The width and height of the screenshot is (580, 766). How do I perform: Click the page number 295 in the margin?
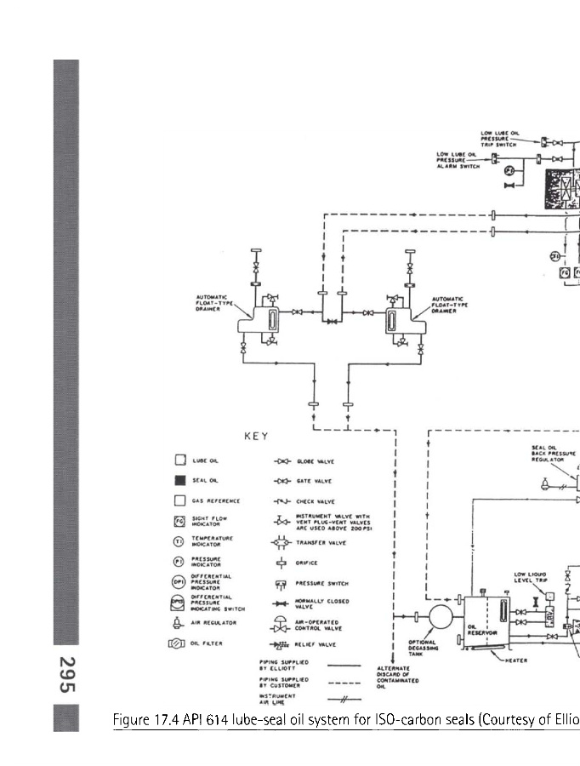66,675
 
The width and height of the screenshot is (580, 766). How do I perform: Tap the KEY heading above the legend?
256,437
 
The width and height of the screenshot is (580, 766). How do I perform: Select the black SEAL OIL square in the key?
180,481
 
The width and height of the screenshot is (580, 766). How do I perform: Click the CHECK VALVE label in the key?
315,502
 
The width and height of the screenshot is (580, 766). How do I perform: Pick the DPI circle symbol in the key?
179,580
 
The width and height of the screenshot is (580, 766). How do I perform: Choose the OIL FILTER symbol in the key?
178,643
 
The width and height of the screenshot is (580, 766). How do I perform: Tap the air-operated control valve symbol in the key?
280,625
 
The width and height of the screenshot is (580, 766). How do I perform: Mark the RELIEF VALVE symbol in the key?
280,645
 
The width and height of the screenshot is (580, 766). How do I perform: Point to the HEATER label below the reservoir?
515,660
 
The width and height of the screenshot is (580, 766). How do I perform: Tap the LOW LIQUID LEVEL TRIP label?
530,578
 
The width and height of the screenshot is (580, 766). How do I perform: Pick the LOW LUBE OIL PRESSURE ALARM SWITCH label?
459,160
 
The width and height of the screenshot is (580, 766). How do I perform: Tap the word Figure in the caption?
132,721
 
